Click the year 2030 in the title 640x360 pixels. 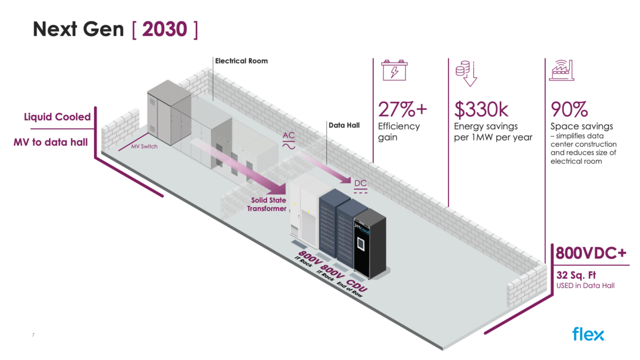click(164, 29)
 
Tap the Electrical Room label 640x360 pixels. click(241, 61)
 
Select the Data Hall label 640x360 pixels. click(343, 126)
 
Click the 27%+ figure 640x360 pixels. click(403, 109)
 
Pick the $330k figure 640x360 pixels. click(481, 109)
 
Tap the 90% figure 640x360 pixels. click(569, 109)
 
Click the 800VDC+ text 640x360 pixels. click(591, 253)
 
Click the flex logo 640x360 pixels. click(588, 334)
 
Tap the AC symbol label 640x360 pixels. click(289, 140)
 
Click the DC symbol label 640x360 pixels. click(361, 186)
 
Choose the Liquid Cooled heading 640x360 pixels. click(57, 117)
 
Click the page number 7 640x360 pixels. click(33, 334)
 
